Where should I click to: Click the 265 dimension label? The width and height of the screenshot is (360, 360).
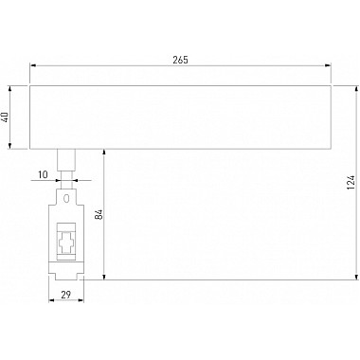[180, 60]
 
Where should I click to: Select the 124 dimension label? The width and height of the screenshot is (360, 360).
[351, 183]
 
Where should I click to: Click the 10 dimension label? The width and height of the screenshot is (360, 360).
[43, 174]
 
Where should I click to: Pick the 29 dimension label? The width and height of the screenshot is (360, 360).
[65, 295]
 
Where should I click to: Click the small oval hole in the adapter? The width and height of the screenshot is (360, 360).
[66, 199]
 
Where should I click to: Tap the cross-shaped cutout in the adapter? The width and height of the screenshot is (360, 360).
[66, 243]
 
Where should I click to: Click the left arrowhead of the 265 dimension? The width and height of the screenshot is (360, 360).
[32, 65]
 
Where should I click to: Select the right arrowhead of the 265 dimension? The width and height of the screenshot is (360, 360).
[328, 65]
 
